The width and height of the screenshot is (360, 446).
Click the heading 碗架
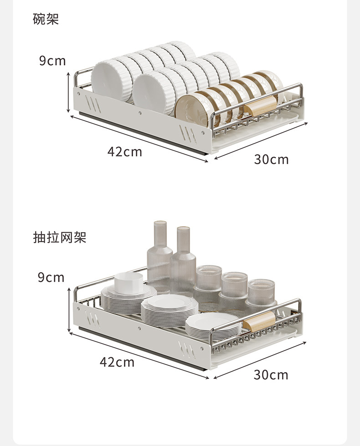click(46, 19)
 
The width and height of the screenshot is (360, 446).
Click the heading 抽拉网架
click(59, 237)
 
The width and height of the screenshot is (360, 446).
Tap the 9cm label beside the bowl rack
click(52, 61)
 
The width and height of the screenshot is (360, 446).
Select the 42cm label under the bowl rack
click(124, 151)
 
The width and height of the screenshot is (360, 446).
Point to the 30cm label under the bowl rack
click(271, 159)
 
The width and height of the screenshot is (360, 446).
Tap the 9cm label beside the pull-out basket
click(51, 277)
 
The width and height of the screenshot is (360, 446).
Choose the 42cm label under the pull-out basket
click(117, 362)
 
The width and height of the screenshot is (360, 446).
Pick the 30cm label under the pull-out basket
click(271, 375)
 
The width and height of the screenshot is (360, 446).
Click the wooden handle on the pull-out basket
click(259, 323)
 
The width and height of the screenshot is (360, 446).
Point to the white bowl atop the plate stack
click(129, 283)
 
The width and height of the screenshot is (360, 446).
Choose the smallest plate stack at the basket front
click(212, 325)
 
